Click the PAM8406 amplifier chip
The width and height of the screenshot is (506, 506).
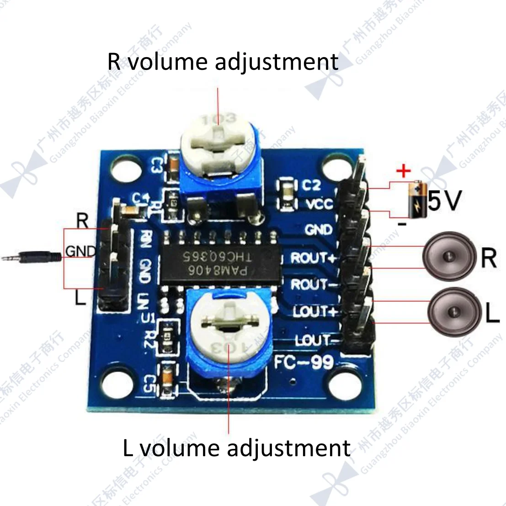click(219, 261)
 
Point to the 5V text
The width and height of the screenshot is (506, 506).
click(445, 200)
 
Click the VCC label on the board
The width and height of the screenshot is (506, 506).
click(319, 203)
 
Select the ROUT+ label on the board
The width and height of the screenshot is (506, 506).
click(314, 258)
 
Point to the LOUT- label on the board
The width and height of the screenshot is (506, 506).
click(314, 340)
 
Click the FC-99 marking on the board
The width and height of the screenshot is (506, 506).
click(304, 362)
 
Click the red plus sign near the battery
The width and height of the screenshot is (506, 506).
click(403, 172)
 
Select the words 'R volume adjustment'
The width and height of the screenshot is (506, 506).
click(223, 62)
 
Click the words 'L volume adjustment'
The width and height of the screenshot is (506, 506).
click(236, 448)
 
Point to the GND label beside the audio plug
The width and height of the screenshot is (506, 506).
click(81, 251)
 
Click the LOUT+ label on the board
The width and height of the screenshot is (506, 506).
click(315, 312)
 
